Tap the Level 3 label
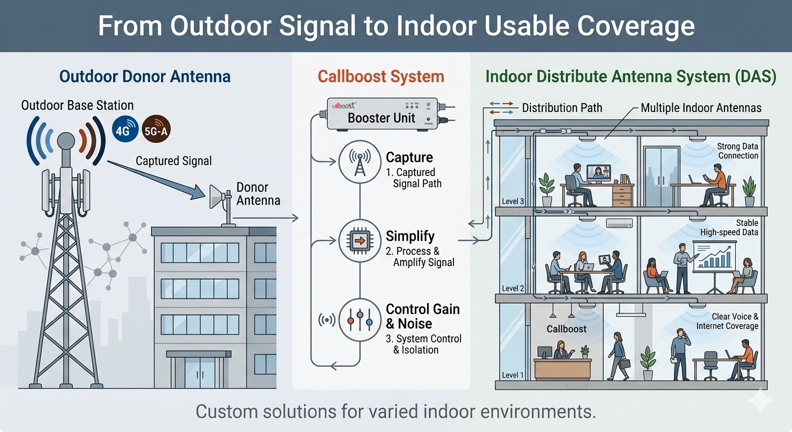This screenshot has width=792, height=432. click(512, 201)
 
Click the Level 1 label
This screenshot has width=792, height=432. click(512, 375)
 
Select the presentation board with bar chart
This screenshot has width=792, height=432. click(714, 257)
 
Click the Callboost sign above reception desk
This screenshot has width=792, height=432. click(566, 328)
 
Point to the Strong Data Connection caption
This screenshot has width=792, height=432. click(737, 151)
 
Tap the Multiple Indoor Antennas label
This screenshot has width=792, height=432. click(701, 108)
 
